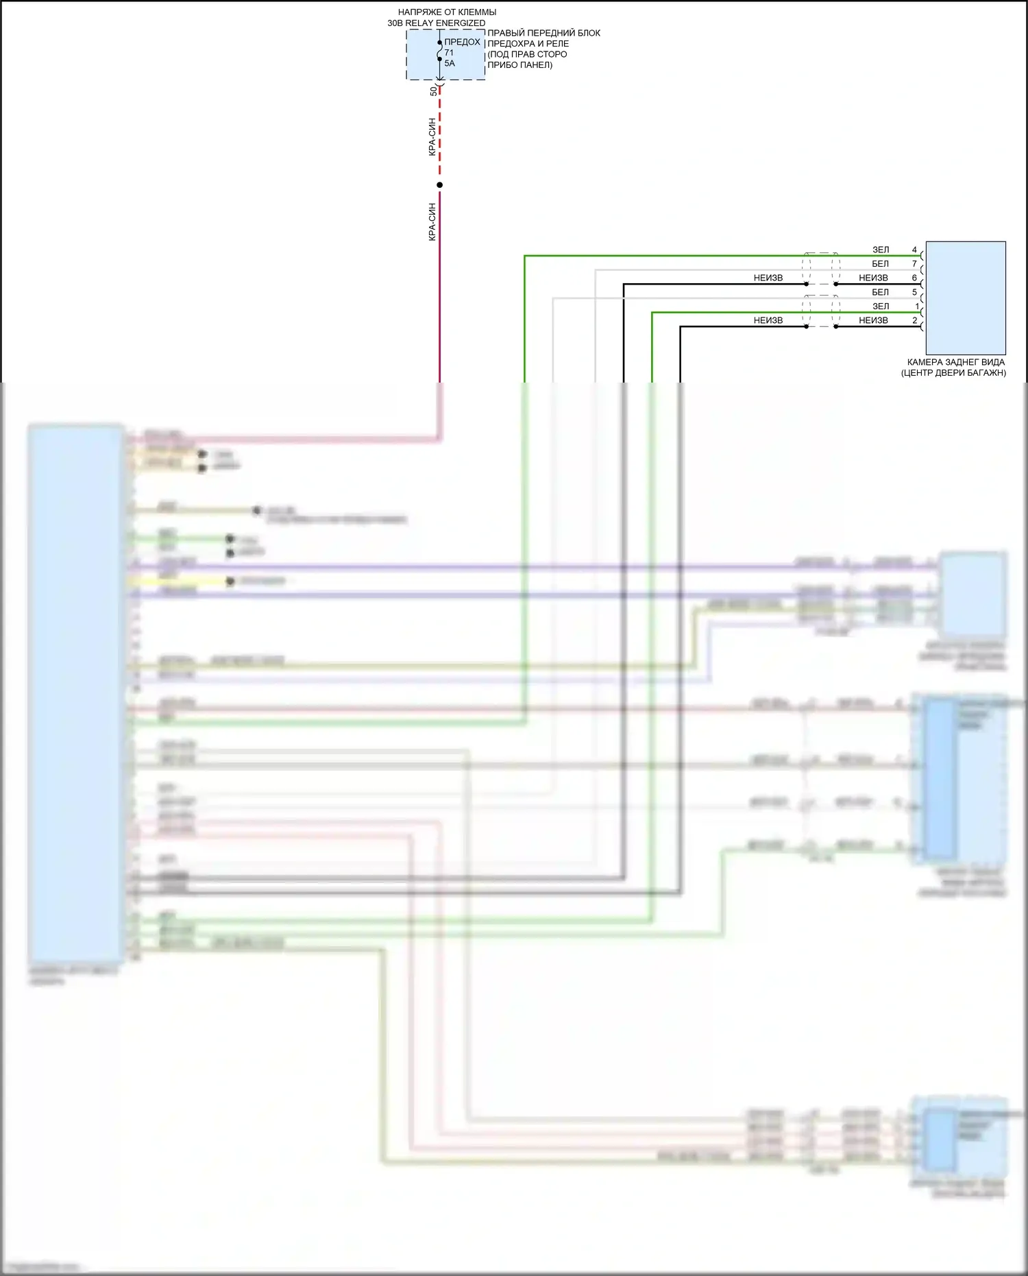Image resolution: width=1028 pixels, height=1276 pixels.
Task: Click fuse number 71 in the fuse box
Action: [449, 53]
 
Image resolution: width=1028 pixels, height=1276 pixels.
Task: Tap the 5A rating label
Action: [450, 63]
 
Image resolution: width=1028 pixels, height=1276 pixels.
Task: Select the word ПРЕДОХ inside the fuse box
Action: [462, 42]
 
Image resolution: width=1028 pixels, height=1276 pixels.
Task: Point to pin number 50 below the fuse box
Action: [433, 91]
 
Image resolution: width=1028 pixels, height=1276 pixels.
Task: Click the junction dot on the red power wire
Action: [440, 185]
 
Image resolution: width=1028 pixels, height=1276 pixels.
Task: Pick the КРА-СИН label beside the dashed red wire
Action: [432, 137]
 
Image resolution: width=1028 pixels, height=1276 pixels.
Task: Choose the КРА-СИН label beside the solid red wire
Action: [432, 221]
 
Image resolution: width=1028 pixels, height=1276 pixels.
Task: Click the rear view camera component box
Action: [966, 298]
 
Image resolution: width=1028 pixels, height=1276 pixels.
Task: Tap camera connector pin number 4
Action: [914, 250]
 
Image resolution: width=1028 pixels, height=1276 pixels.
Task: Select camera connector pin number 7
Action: [914, 264]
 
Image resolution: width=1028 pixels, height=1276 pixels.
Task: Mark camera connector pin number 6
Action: [914, 278]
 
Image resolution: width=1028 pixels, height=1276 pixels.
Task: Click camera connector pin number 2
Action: [914, 320]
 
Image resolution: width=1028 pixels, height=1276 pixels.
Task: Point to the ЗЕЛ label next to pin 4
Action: [881, 250]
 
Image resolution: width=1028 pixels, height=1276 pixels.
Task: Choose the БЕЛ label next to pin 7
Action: [880, 264]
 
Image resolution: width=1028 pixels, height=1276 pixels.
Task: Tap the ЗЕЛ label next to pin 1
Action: [881, 306]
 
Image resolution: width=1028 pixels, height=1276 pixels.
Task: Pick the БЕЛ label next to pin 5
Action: [880, 292]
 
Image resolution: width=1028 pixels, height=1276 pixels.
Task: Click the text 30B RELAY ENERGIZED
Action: [437, 23]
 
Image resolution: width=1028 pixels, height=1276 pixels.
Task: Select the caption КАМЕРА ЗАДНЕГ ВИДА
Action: [956, 362]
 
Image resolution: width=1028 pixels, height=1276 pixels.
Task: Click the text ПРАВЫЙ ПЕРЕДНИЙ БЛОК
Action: [543, 33]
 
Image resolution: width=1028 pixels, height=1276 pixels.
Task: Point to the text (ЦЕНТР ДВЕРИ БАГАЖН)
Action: [953, 373]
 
